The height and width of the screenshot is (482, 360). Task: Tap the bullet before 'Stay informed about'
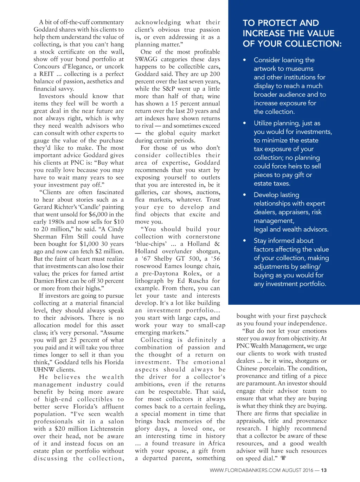click(x=244, y=241)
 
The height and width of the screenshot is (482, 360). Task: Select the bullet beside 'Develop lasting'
click(x=244, y=195)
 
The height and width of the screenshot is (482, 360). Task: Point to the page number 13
click(x=324, y=470)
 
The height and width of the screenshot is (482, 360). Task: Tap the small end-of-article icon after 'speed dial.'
click(x=283, y=458)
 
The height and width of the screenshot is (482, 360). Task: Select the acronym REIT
click(x=47, y=74)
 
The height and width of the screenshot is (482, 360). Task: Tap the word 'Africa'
click(x=216, y=443)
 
